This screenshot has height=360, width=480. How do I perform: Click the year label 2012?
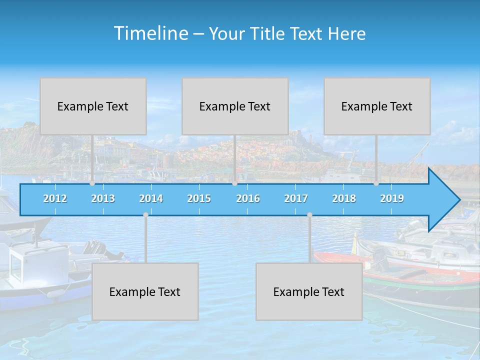[55, 198]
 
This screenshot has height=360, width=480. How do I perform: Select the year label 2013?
[103, 198]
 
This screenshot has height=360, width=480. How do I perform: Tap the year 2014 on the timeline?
[151, 198]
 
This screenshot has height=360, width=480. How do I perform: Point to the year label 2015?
[199, 198]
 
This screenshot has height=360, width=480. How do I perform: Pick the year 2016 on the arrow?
[248, 198]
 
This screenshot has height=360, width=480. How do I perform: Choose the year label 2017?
[296, 198]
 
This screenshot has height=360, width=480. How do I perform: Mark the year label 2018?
[344, 198]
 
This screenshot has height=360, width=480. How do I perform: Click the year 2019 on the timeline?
[392, 198]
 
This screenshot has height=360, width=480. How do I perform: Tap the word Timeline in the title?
[150, 33]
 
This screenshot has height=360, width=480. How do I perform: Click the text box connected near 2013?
[93, 106]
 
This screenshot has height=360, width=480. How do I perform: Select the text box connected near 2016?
[235, 106]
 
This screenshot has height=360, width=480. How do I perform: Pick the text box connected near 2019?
[377, 106]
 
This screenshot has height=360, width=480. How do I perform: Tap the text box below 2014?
[145, 291]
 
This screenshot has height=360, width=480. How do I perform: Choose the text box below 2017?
[309, 291]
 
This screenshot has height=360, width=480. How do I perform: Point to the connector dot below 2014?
[145, 215]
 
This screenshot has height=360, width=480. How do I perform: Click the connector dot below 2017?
[309, 215]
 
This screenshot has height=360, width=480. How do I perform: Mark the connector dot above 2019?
[376, 183]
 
